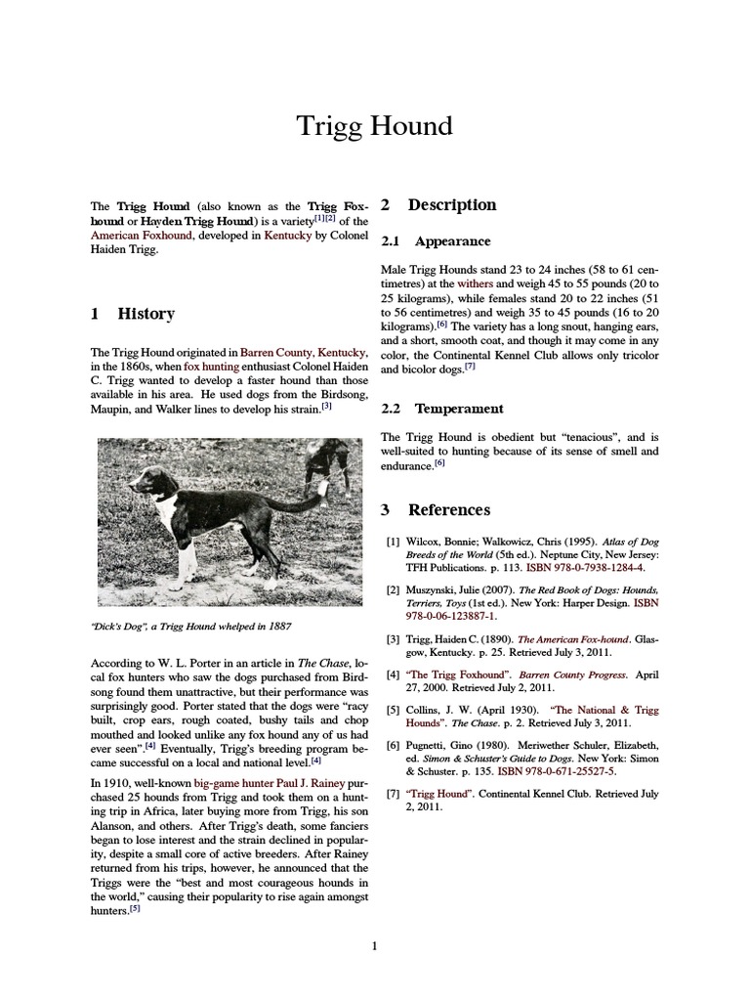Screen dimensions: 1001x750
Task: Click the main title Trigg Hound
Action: (x=375, y=126)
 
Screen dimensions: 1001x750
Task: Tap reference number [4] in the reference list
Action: (x=393, y=675)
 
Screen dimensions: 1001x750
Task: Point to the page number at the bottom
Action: (x=374, y=945)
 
